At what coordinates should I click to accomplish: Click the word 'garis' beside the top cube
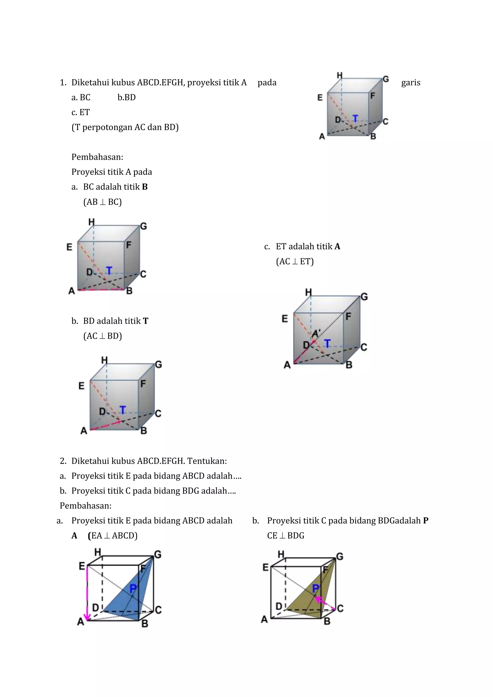[x=410, y=83]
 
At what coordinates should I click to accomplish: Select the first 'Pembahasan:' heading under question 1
[x=97, y=157]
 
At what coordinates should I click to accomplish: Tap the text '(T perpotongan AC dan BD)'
[x=125, y=127]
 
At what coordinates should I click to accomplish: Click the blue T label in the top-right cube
[x=355, y=118]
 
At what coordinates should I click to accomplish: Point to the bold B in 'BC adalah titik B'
[x=145, y=187]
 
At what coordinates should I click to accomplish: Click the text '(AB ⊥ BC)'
[x=102, y=202]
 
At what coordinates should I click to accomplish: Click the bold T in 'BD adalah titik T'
[x=145, y=321]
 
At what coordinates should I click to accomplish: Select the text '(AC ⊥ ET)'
[x=294, y=261]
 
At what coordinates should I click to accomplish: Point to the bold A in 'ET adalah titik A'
[x=337, y=246]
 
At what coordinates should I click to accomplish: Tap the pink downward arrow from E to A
[x=87, y=594]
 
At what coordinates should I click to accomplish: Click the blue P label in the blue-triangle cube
[x=133, y=588]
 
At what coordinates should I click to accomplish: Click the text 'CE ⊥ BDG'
[x=285, y=536]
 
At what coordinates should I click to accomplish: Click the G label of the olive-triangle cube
[x=340, y=556]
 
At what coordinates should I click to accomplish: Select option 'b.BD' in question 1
[x=126, y=97]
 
